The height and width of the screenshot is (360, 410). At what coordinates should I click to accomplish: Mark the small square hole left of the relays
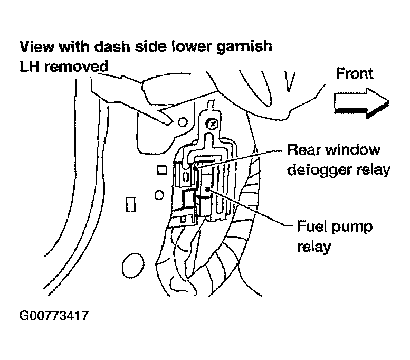163,170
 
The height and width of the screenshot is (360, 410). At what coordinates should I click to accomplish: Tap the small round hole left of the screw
183,123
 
